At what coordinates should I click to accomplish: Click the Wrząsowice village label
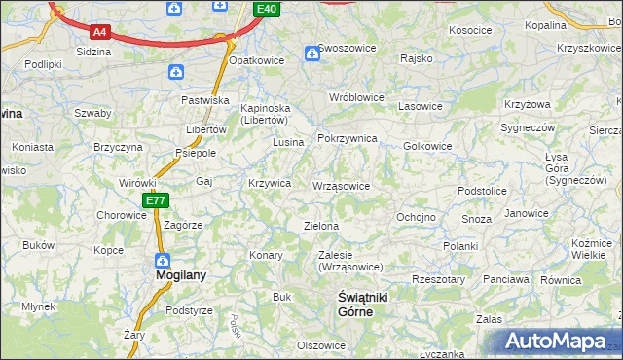coord(341,185)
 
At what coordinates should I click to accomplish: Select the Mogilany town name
coord(181,275)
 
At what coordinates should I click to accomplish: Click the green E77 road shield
coord(156,200)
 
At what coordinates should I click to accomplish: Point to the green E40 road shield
coord(267,9)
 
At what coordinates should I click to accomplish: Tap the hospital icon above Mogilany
coord(163,261)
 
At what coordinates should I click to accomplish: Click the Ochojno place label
coord(416,216)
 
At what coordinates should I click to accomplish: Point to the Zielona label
coord(321,226)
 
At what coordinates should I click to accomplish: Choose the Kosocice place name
coord(470,30)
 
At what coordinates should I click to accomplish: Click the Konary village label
coord(266,255)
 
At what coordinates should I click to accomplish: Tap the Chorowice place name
coord(121,215)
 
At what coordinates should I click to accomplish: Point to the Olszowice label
coord(321,345)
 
